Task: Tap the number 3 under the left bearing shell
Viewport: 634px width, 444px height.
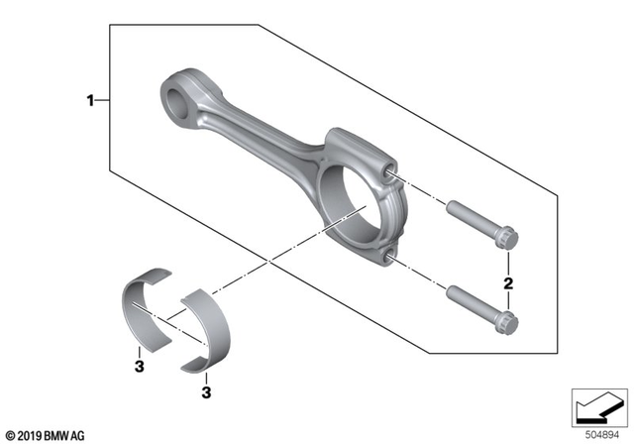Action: (x=141, y=367)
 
